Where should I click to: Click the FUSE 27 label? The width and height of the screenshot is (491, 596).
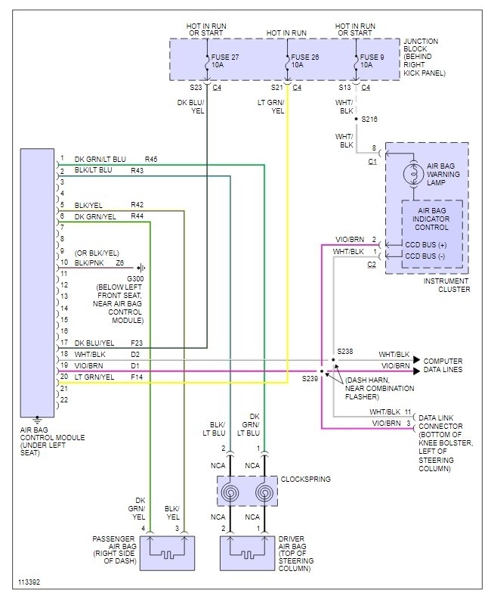click(225, 57)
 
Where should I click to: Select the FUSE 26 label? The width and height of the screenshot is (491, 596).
click(305, 57)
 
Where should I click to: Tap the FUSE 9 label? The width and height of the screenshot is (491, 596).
click(372, 57)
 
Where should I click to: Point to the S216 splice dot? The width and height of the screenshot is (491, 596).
click(357, 119)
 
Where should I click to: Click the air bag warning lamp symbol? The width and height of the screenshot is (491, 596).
click(413, 174)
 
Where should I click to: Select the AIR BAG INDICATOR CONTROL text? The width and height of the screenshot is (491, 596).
click(431, 219)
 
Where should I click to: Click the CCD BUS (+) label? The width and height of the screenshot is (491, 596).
click(426, 245)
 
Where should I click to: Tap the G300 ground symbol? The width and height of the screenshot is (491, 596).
click(141, 268)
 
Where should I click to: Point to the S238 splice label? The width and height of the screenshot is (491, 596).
click(344, 351)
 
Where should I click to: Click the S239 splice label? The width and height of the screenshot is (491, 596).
click(310, 379)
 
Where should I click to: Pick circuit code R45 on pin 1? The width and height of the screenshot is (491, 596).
click(151, 160)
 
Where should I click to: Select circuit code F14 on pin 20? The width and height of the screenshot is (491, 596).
click(137, 377)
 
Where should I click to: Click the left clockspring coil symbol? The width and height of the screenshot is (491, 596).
click(230, 492)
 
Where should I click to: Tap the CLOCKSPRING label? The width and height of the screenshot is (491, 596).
click(306, 479)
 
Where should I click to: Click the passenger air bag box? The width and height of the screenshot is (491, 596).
click(167, 553)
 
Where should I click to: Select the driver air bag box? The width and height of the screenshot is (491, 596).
click(247, 553)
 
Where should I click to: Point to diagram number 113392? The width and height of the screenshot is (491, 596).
click(29, 582)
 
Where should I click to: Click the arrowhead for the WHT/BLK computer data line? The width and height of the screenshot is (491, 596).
click(416, 359)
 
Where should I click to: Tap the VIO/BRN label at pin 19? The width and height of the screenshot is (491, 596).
click(89, 365)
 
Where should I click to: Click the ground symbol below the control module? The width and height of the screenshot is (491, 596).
click(37, 420)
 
